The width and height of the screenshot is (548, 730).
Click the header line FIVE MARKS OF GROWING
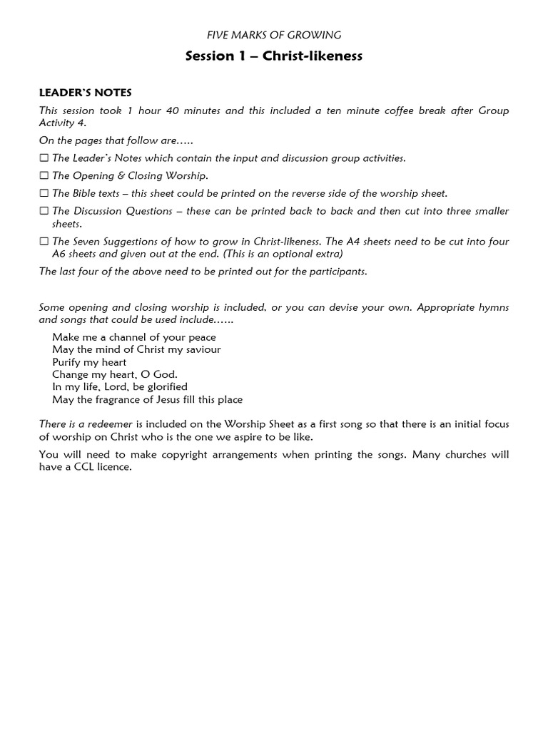(274, 34)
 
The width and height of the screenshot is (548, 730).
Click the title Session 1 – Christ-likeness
(274, 56)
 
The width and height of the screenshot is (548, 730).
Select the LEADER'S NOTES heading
(86, 93)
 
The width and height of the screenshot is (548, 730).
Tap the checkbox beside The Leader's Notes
(44, 158)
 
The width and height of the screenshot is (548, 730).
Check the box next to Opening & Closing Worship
(44, 176)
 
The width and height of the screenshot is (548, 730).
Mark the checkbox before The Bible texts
(44, 193)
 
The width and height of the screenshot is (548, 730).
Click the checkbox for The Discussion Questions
(44, 211)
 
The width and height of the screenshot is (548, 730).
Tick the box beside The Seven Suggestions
(44, 242)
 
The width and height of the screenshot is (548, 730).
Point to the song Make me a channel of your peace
(134, 336)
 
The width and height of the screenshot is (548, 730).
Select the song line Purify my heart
(89, 362)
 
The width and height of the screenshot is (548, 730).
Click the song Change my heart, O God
(115, 374)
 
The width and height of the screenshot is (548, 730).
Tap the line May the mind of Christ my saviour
(136, 349)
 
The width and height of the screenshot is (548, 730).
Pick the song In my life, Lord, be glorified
(120, 387)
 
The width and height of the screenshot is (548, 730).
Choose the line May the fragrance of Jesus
(148, 399)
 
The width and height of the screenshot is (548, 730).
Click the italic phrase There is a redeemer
(86, 424)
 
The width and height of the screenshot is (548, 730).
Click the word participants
(340, 272)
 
